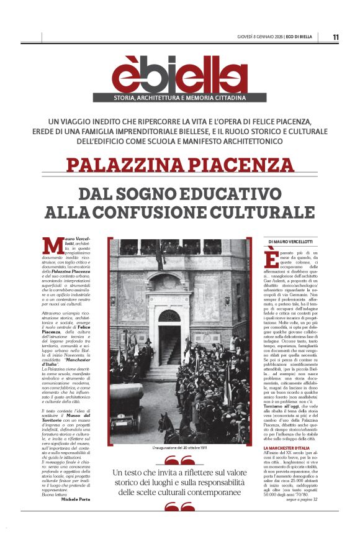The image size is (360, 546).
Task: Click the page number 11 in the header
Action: click(x=336, y=37)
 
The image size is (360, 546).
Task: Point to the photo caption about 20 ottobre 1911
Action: click(x=179, y=447)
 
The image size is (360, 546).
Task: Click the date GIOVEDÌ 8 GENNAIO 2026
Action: click(x=264, y=37)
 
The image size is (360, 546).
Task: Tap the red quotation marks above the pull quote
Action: click(x=179, y=460)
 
